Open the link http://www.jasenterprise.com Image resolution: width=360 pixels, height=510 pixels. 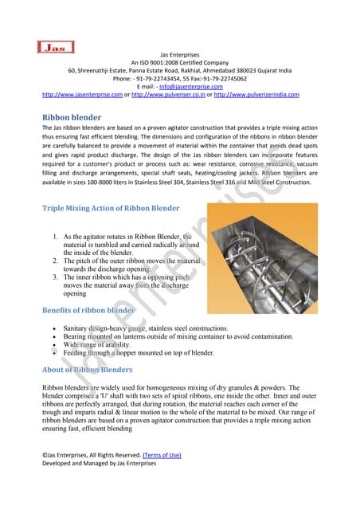pyautogui.click(x=81, y=95)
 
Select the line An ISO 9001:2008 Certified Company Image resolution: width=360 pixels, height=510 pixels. pyautogui.click(x=180, y=62)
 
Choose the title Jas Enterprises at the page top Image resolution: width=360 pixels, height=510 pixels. pyautogui.click(x=180, y=53)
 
